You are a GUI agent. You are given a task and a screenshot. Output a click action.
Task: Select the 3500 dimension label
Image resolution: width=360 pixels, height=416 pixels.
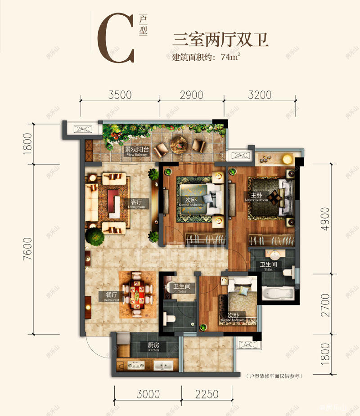120,95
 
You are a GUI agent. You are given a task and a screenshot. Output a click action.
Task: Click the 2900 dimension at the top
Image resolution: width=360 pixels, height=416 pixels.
191,95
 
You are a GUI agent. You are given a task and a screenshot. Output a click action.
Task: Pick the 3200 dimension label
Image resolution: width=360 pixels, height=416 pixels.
260,95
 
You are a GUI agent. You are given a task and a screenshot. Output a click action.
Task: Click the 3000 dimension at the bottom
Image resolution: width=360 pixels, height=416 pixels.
148,394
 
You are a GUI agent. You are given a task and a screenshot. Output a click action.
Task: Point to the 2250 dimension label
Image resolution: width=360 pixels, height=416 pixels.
207,394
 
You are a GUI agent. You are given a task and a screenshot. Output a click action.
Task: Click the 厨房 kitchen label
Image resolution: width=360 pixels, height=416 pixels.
154,346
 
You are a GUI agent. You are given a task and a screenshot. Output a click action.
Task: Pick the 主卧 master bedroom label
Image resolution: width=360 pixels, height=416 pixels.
256,196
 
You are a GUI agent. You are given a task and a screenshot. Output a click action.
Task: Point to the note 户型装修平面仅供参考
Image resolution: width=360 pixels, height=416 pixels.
273,375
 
